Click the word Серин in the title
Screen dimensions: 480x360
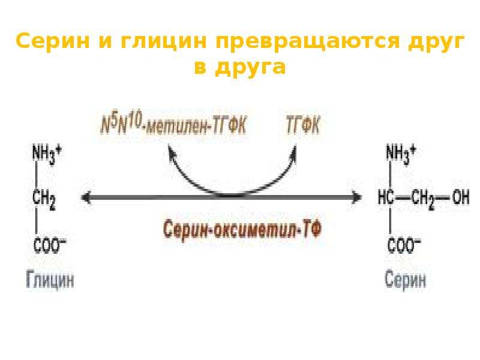[53, 41]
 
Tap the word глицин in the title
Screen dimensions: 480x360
[164, 41]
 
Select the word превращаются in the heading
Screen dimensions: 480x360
[308, 42]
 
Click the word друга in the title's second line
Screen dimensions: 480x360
[250, 67]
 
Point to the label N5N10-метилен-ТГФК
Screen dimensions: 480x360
[173, 125]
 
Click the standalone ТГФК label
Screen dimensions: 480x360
[303, 125]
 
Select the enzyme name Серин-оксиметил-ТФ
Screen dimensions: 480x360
[242, 230]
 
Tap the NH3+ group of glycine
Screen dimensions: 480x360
[47, 154]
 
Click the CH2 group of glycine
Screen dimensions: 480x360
[44, 200]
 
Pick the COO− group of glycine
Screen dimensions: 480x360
[49, 245]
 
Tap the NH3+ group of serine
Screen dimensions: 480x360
[401, 154]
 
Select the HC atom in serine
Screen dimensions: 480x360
[386, 197]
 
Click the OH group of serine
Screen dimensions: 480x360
[461, 197]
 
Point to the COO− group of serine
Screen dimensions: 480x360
[404, 245]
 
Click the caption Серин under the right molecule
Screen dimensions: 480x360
[405, 279]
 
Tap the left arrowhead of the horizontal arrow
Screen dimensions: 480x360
[86, 197]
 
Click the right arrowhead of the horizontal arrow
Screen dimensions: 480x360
[357, 197]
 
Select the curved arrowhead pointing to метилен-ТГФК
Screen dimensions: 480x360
[172, 151]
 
